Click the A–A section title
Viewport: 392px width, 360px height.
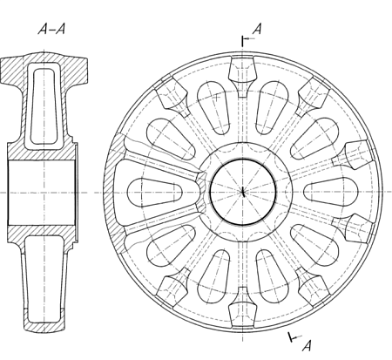point(51,29)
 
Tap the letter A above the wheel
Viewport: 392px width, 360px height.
point(257,29)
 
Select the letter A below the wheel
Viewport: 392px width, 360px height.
point(307,345)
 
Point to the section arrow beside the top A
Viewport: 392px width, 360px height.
point(248,38)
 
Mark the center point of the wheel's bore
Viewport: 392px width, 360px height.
point(243,192)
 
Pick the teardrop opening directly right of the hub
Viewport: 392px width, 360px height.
point(331,192)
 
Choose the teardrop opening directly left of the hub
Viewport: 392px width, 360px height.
point(154,192)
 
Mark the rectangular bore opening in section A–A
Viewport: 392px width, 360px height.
point(42,192)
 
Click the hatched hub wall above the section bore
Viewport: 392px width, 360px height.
point(42,151)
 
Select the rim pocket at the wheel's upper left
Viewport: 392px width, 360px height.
point(172,95)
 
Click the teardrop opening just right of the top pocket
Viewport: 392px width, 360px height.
point(272,107)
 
